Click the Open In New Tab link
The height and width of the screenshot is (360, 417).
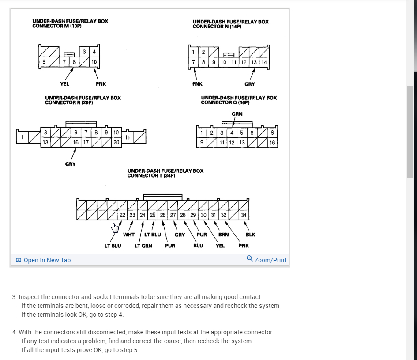[x=43, y=260]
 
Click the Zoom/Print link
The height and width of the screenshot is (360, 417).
[x=267, y=260]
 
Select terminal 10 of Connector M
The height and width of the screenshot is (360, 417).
[x=94, y=62]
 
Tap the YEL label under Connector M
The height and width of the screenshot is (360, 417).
[x=64, y=84]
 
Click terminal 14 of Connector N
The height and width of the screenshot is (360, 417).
[x=264, y=62]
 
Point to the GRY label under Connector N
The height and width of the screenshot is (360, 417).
[x=250, y=84]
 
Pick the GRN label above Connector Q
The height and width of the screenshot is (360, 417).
[x=237, y=114]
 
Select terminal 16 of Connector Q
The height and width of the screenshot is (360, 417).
[x=272, y=143]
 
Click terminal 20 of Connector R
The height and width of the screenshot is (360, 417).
[x=116, y=142]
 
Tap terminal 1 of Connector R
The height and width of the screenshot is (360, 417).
[x=22, y=137]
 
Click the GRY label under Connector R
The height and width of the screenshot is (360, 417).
[x=70, y=164]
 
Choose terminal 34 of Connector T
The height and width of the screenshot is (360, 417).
[x=244, y=215]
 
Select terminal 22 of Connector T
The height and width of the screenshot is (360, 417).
[x=122, y=215]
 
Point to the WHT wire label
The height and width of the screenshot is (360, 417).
[x=129, y=235]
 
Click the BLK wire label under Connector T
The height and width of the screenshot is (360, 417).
[x=250, y=235]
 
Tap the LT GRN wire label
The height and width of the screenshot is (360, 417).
[x=143, y=246]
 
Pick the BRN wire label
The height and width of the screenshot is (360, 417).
[x=223, y=235]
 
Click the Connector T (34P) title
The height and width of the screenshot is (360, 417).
[x=165, y=173]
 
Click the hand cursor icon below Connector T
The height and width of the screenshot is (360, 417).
[x=116, y=227]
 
